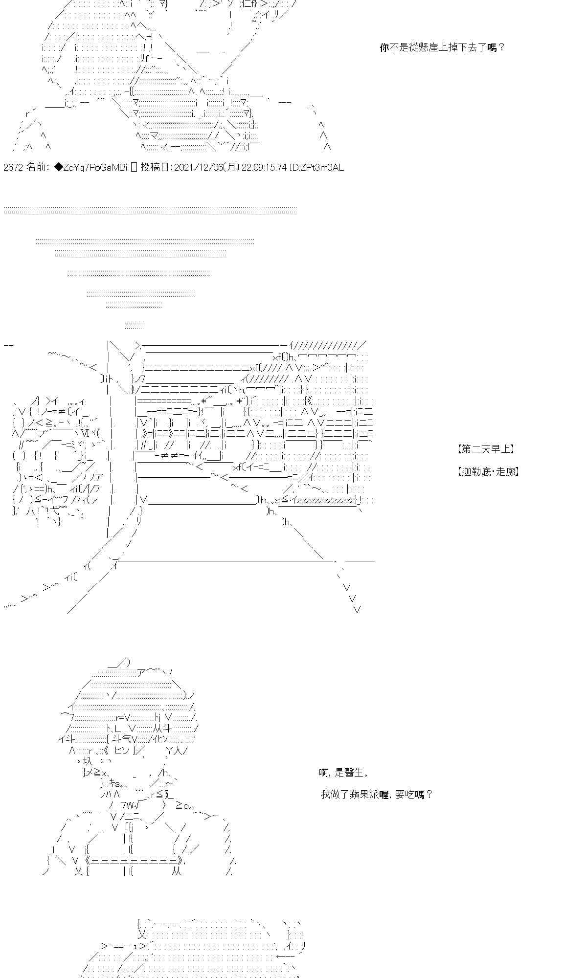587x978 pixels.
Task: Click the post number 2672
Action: [x=13, y=168]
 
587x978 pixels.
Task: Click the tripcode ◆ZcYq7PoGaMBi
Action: [x=90, y=168]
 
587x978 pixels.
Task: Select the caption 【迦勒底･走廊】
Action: [x=487, y=472]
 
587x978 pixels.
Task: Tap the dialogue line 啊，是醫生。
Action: [x=344, y=773]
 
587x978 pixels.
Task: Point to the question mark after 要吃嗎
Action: [x=429, y=795]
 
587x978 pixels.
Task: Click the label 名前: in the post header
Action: [x=38, y=168]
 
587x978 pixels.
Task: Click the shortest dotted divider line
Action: [x=135, y=325]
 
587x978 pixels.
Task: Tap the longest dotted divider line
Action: [x=150, y=209]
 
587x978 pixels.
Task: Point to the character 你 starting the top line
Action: [x=384, y=47]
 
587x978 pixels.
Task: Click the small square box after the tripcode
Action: [x=134, y=168]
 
